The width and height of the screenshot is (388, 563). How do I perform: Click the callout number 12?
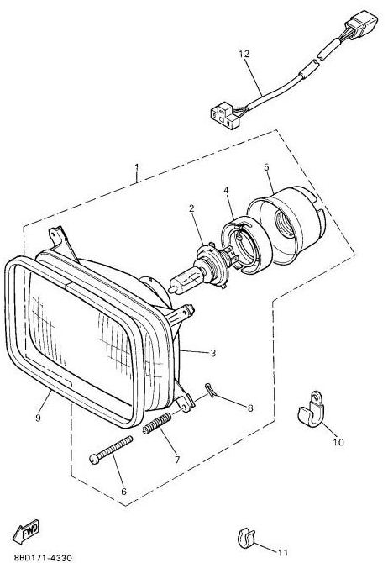244,54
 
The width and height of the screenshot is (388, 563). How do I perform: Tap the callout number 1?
136,167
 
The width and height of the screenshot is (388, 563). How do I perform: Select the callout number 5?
266,167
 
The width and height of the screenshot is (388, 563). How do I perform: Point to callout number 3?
212,353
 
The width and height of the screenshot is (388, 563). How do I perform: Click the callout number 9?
38,418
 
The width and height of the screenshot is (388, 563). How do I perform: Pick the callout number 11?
283,552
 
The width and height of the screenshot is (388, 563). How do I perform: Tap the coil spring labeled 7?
157,424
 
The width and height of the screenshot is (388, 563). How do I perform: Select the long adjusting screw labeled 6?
111,450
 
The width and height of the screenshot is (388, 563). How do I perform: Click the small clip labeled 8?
211,390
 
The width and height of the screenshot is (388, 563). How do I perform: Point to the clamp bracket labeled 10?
312,410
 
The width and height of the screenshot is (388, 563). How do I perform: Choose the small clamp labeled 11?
246,539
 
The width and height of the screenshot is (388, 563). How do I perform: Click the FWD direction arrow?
26,531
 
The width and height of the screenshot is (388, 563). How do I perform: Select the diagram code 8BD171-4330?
43,558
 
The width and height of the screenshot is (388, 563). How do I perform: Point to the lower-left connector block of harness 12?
225,115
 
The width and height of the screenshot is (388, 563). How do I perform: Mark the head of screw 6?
94,460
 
